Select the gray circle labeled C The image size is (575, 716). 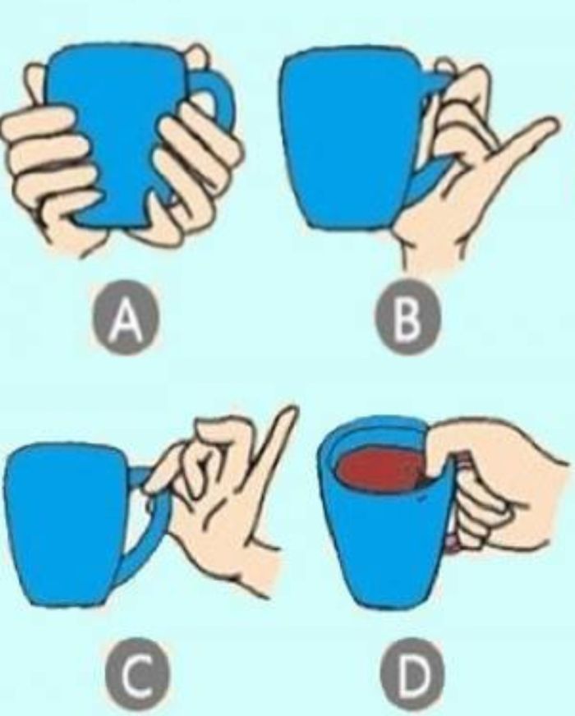pyautogui.click(x=133, y=674)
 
